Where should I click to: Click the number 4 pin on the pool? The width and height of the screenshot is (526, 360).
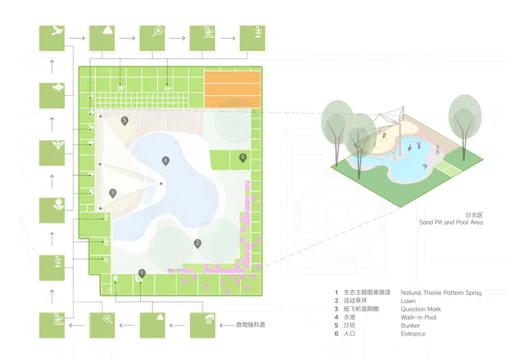click(x=166, y=161)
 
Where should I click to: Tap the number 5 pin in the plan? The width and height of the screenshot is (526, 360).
click(x=124, y=121)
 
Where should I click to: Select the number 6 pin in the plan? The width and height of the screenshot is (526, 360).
click(x=243, y=158)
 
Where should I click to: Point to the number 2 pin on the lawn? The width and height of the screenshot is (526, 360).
click(x=198, y=244)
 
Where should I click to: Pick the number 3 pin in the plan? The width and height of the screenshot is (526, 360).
click(x=112, y=193)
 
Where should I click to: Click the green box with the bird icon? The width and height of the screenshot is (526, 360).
click(x=52, y=38)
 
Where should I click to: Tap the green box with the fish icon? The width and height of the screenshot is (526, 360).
click(x=52, y=95)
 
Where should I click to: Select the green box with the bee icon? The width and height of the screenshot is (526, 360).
click(x=52, y=153)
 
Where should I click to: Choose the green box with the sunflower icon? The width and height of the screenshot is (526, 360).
click(x=52, y=210)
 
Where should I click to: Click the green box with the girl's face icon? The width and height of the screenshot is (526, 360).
click(x=203, y=325)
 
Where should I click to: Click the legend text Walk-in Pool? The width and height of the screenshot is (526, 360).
click(x=418, y=317)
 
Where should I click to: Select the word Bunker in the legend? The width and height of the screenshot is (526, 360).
click(x=410, y=325)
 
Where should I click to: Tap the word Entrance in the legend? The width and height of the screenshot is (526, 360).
click(x=413, y=334)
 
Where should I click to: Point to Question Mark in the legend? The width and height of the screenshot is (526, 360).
click(x=421, y=309)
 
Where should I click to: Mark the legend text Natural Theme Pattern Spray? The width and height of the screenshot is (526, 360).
click(x=441, y=292)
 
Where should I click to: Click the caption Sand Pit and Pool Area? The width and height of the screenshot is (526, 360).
click(x=451, y=222)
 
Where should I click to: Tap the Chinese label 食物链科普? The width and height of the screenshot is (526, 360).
click(x=251, y=325)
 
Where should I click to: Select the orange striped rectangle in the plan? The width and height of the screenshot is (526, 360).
click(x=233, y=89)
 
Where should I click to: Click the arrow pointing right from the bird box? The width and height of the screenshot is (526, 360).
click(x=77, y=38)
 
